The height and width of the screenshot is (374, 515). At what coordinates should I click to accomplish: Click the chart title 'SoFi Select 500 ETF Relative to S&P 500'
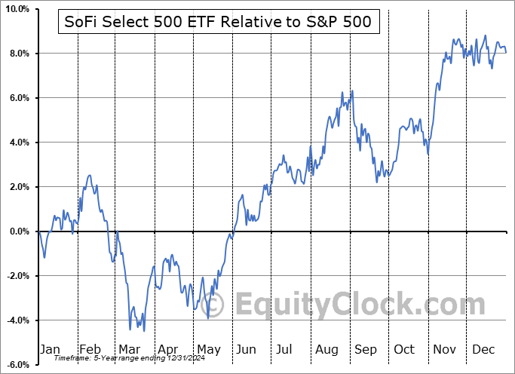coord(219,23)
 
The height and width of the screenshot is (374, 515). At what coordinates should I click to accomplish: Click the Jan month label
coord(49,350)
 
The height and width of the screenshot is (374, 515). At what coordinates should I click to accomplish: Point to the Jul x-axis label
coord(284,350)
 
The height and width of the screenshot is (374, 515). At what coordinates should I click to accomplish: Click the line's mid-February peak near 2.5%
coord(90,176)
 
